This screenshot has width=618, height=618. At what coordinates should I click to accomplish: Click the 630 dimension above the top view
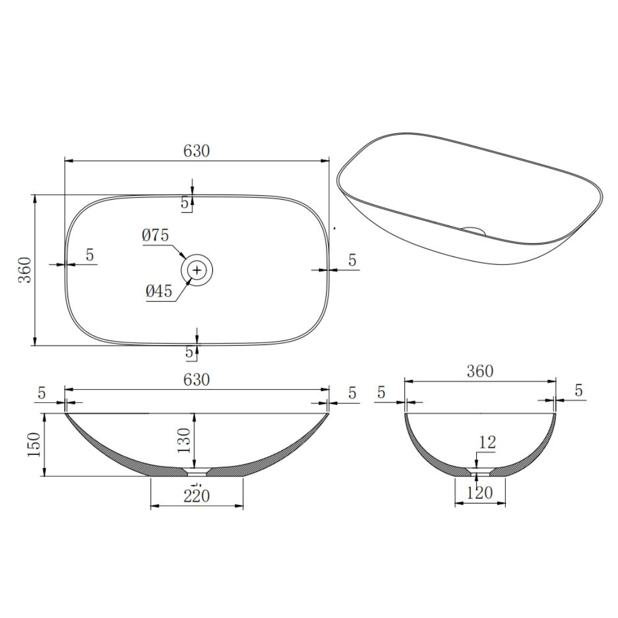click(x=196, y=150)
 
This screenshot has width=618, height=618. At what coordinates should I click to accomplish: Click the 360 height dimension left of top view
click(x=25, y=270)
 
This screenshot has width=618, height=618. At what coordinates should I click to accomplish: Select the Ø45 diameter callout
click(x=159, y=291)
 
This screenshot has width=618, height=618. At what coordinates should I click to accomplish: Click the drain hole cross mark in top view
click(x=197, y=269)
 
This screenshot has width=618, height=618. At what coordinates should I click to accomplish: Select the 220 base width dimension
click(x=196, y=496)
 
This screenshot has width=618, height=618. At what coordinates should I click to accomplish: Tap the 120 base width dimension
click(x=480, y=493)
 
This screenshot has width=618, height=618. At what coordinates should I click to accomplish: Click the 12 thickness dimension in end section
click(x=488, y=442)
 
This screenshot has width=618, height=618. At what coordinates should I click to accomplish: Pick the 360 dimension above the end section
click(x=480, y=371)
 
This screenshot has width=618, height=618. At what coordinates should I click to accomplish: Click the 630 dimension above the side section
click(x=196, y=379)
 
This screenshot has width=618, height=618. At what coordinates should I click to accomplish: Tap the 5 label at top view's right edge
click(x=352, y=260)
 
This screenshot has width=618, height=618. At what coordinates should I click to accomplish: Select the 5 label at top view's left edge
click(x=90, y=255)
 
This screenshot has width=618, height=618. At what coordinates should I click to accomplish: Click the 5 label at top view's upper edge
click(x=185, y=203)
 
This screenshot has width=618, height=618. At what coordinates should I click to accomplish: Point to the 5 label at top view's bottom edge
click(x=189, y=352)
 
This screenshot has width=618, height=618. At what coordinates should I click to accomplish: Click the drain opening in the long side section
click(x=197, y=473)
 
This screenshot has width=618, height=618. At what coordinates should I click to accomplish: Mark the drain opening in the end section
click(x=480, y=473)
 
